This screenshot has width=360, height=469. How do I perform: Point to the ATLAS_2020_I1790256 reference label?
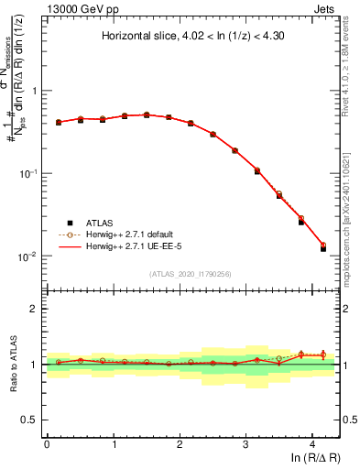pyautogui.click(x=190, y=273)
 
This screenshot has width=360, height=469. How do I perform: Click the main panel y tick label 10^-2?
pyautogui.click(x=31, y=256)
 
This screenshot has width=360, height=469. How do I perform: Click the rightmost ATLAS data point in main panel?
pyautogui.click(x=322, y=248)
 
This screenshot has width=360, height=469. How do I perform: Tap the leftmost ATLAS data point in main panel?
pyautogui.click(x=59, y=122)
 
